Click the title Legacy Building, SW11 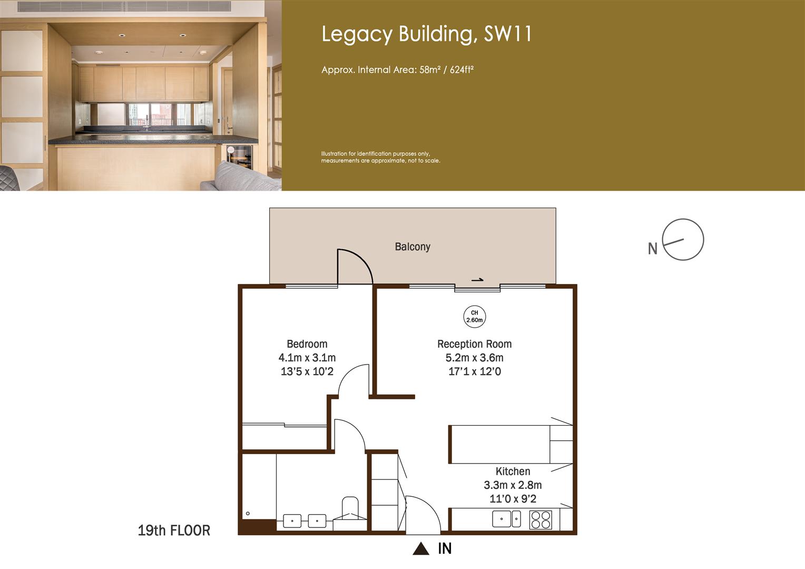[427, 34]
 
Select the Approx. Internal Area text [398, 70]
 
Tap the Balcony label [413, 247]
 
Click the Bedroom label [307, 344]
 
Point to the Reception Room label [474, 344]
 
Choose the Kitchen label [513, 472]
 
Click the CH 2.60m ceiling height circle [474, 316]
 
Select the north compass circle [683, 240]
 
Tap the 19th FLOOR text [174, 531]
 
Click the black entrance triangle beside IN [421, 549]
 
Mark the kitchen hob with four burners [541, 519]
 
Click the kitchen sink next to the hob [506, 519]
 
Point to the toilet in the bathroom [350, 508]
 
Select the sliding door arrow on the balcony [477, 280]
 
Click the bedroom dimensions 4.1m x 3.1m [307, 358]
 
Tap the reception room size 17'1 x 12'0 [474, 371]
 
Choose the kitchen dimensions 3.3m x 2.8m [513, 485]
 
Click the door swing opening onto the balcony [354, 268]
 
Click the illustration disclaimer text [380, 157]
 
